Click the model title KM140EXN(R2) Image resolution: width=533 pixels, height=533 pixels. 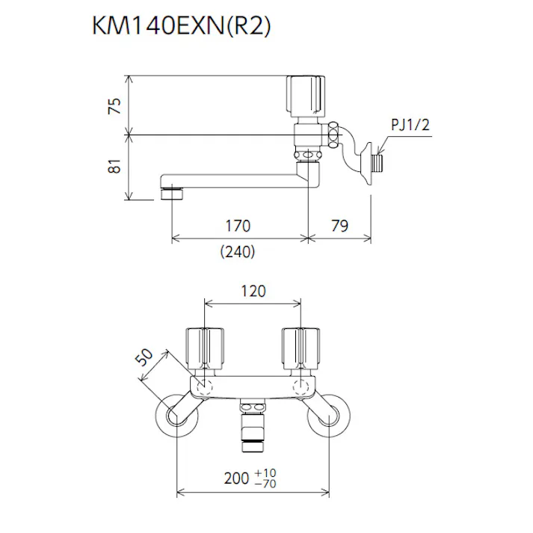coord(180,27)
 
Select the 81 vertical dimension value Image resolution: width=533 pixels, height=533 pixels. coord(114,167)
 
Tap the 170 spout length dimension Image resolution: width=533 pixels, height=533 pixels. coord(238,225)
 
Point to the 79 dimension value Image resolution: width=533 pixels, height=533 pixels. coord(339,225)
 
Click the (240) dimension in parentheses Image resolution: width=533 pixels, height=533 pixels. coord(238,252)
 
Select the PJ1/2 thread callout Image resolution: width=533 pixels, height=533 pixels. coord(410,126)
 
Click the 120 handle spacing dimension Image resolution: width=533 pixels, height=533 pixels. coord(253,292)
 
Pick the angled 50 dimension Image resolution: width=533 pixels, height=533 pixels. coord(147,359)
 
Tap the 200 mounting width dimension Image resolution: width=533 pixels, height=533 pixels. coord(241,478)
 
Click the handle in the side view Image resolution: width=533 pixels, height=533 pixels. coord(306,94)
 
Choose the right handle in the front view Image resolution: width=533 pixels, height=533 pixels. coord(301,348)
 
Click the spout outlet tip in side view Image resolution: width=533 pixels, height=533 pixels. coord(172,194)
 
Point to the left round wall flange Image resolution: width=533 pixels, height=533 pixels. coord(176,414)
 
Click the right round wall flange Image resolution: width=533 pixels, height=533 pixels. coord(330,414)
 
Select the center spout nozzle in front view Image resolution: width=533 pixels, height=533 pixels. coord(253,428)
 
